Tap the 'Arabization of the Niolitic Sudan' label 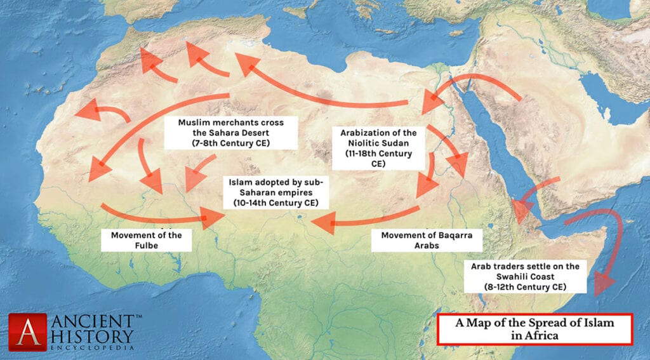click(379, 148)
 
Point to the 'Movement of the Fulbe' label click(146, 240)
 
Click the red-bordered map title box click(535, 329)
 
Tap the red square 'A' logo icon click(27, 331)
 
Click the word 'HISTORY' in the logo click(91, 335)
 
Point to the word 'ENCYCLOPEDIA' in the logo click(91, 348)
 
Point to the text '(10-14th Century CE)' click(274, 204)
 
